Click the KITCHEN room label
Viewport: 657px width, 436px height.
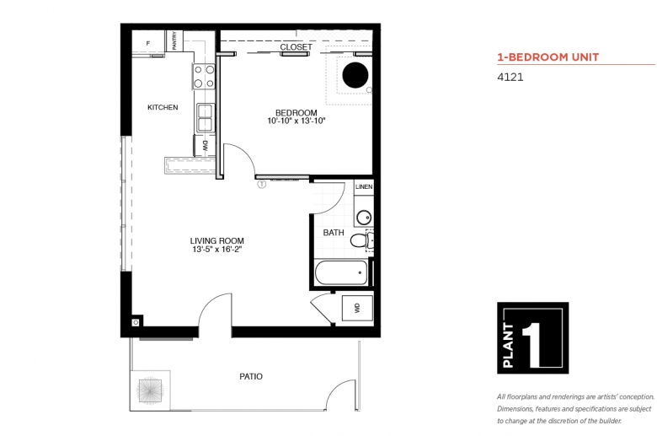163,107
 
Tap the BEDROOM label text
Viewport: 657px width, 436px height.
296,113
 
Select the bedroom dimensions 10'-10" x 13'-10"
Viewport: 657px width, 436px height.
296,121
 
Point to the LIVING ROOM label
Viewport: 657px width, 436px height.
217,241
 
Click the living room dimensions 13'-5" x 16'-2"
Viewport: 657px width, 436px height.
217,250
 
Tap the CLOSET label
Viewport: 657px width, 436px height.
296,47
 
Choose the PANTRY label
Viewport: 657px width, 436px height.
174,40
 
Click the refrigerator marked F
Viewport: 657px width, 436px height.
148,42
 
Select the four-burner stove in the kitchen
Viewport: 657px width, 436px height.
204,77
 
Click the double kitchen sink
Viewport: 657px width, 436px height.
206,118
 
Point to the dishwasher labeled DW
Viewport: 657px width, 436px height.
205,146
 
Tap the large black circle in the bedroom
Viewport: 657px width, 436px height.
355,75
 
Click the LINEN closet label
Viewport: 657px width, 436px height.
364,186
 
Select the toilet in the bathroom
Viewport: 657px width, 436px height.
361,240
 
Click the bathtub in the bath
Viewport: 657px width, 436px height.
341,272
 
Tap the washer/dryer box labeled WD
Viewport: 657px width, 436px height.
357,308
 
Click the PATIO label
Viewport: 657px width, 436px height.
251,376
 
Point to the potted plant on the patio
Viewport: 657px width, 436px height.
150,390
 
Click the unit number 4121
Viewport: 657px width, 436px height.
510,78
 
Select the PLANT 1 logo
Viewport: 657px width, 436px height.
532,338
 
